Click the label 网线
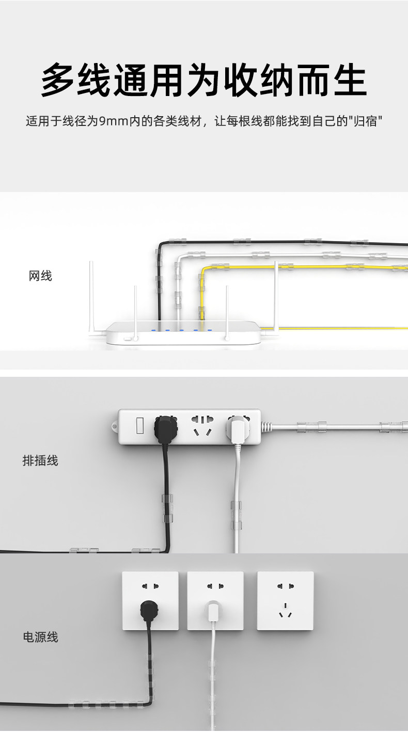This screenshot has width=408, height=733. [40, 276]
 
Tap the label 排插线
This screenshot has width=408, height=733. [40, 460]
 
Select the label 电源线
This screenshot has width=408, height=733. [40, 637]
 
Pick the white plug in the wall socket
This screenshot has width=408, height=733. [212, 612]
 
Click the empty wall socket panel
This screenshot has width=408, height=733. [285, 600]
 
